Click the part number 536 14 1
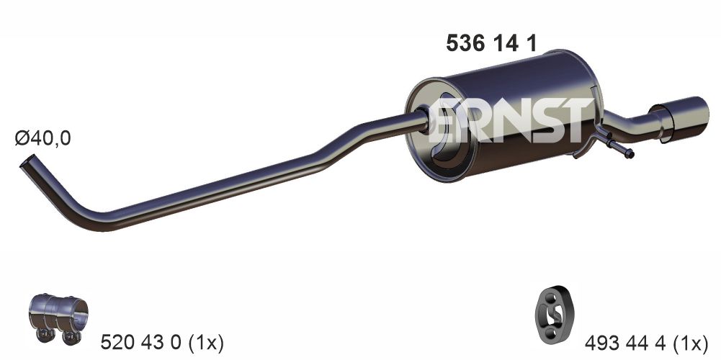pyautogui.click(x=492, y=44)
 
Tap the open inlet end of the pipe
pyautogui.click(x=26, y=164)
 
